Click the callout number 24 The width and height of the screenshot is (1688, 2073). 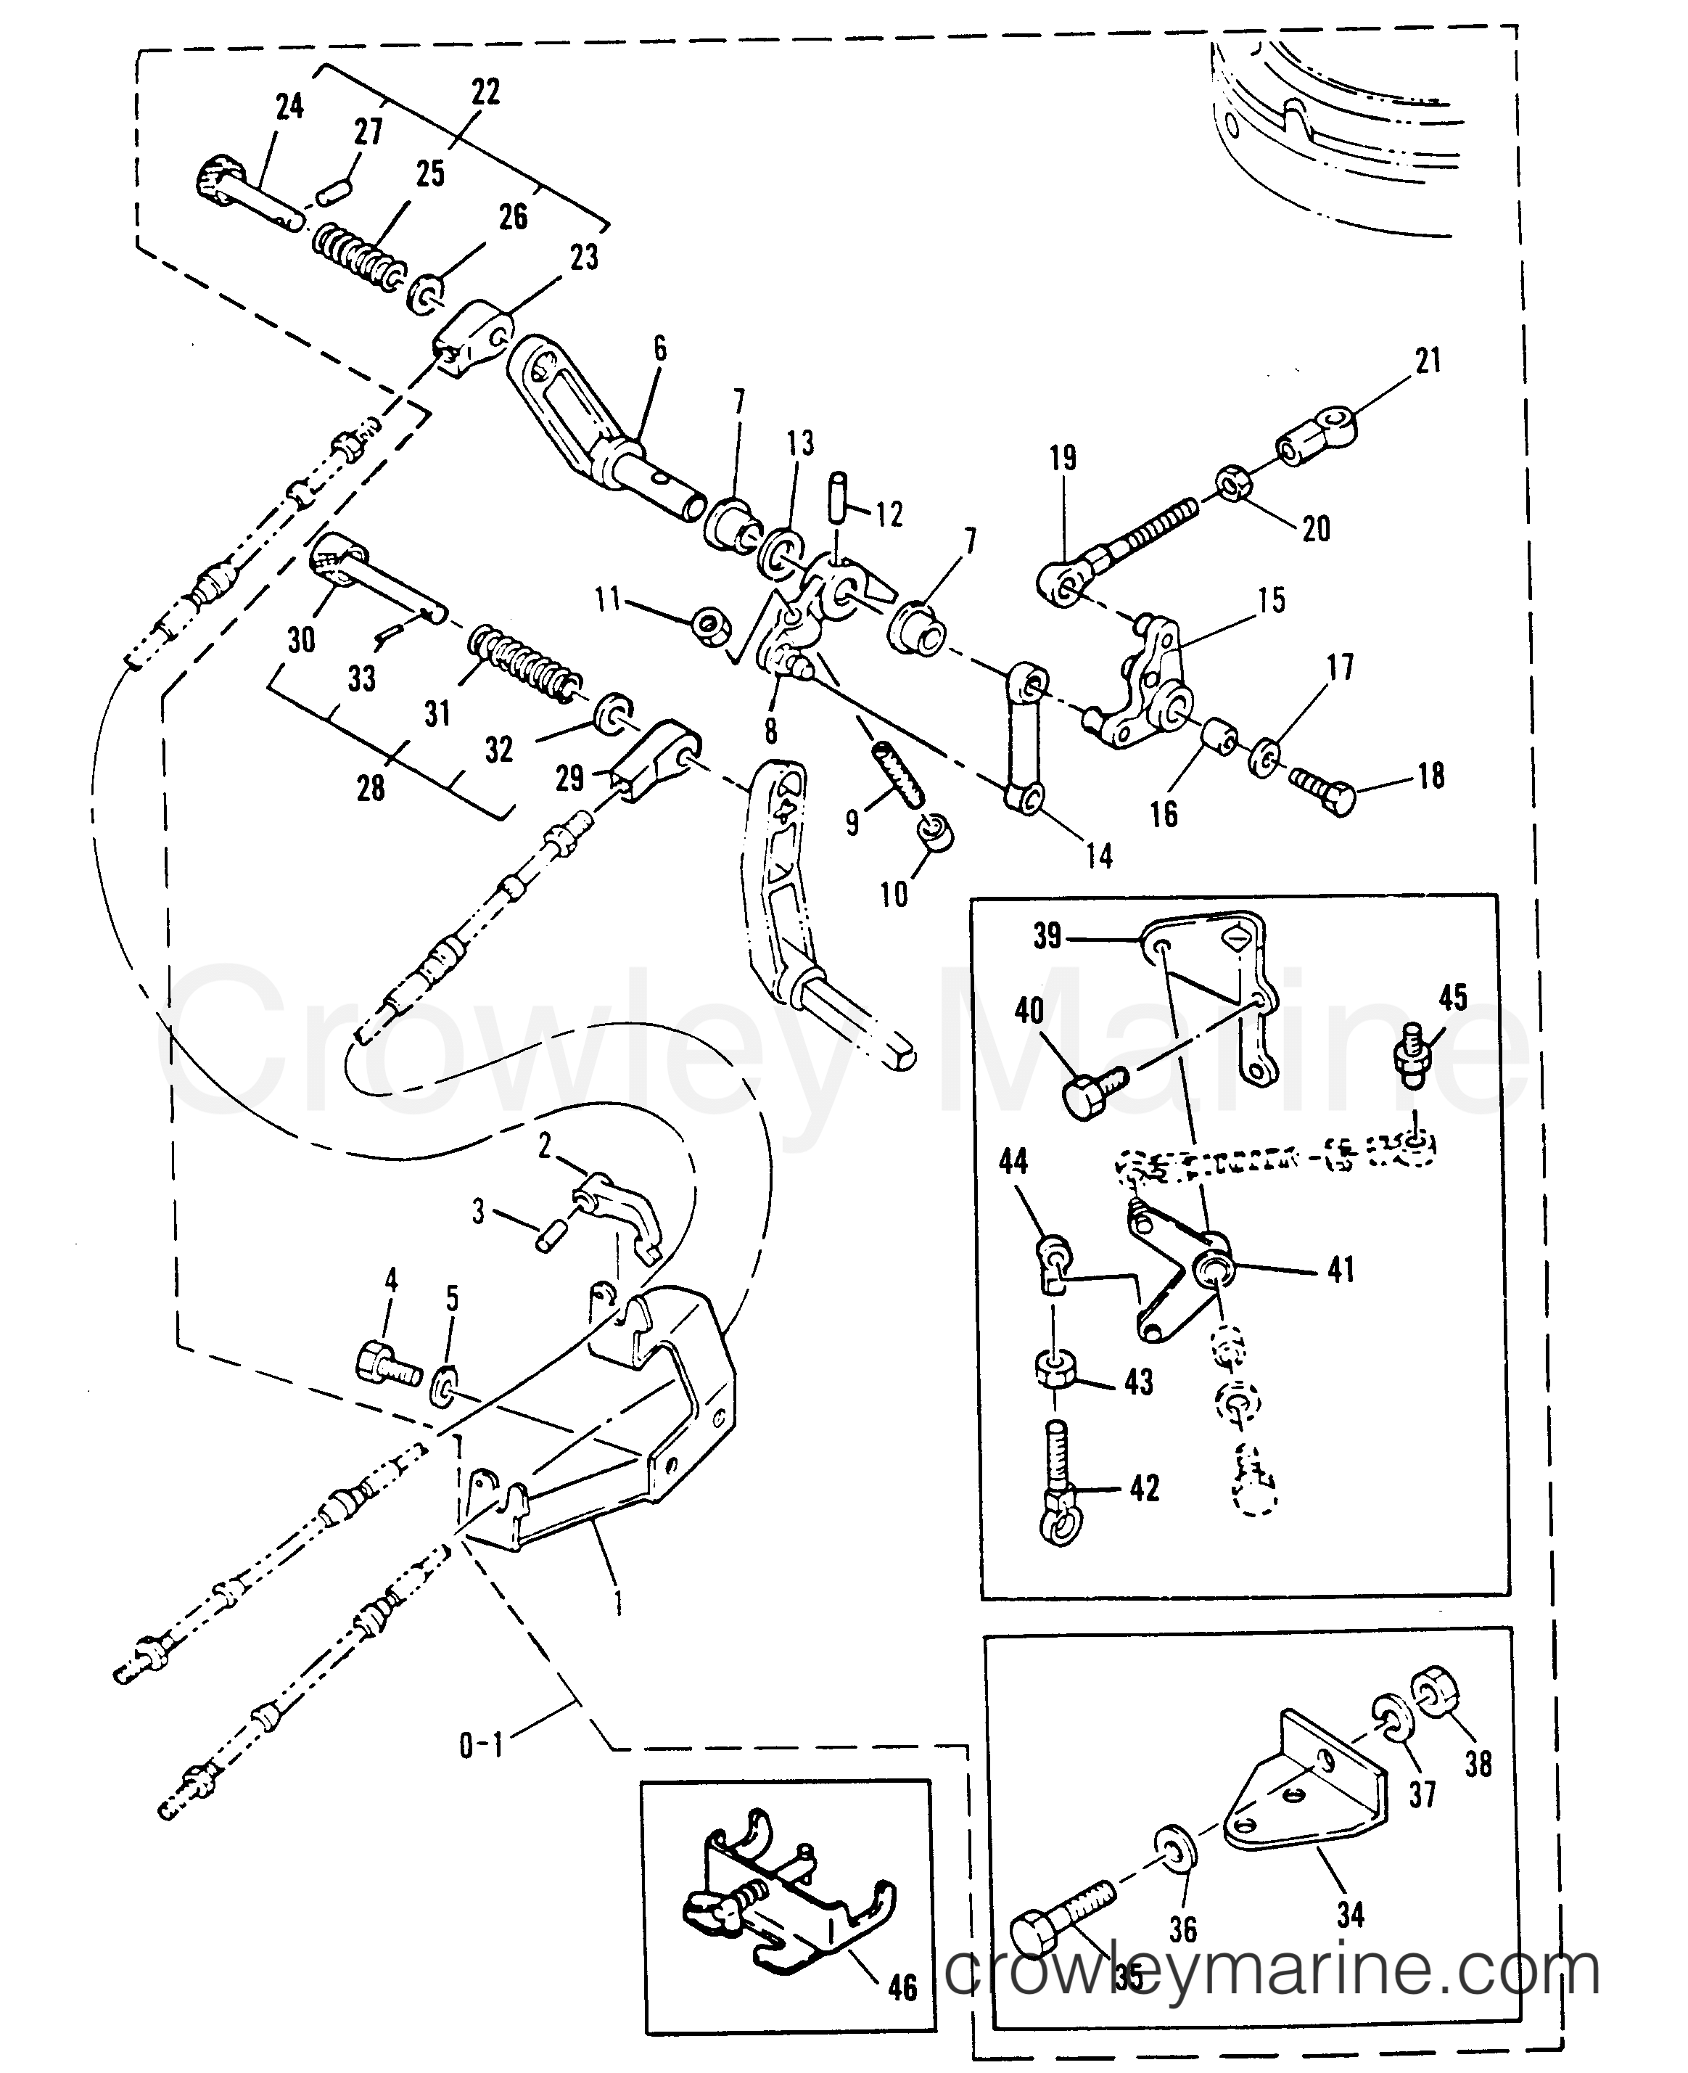click(x=289, y=106)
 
